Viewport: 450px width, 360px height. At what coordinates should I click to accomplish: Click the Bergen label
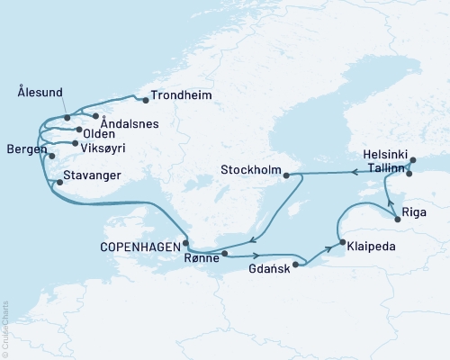coord(23,148)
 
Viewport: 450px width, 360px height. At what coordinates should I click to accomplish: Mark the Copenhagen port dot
coord(185,241)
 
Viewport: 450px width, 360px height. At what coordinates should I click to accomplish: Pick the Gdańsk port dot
coord(294,265)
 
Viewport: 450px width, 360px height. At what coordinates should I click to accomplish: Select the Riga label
coord(418,214)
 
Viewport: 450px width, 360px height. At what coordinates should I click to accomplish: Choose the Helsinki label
coord(381,154)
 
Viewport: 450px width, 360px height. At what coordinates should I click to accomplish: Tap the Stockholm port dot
coord(286,175)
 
